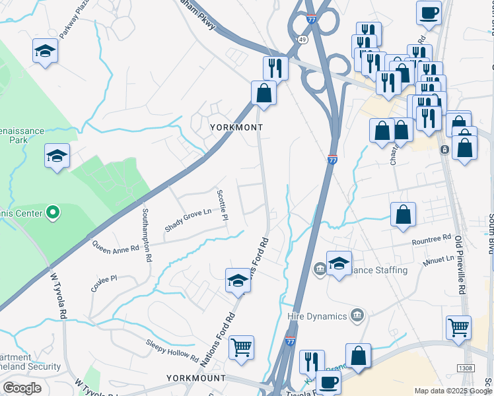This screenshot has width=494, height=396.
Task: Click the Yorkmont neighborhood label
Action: click(x=236, y=127)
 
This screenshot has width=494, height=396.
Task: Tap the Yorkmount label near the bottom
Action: click(x=196, y=378)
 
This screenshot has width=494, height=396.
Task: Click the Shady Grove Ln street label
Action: click(x=188, y=218)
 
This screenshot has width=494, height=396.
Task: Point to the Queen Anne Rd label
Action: click(x=116, y=247)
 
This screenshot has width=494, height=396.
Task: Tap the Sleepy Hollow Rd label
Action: click(x=172, y=350)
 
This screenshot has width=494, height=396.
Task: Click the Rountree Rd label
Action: click(x=431, y=239)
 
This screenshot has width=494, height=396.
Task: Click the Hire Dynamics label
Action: click(x=318, y=316)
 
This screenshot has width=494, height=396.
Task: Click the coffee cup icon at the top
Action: click(x=429, y=13)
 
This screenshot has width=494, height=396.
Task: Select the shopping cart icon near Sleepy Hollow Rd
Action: click(x=241, y=346)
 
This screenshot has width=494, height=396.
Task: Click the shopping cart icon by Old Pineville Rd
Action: click(x=458, y=327)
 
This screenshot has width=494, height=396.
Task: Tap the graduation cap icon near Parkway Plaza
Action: click(x=45, y=50)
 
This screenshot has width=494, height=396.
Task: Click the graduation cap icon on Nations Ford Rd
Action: click(x=238, y=280)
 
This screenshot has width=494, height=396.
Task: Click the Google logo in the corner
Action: click(x=22, y=388)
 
